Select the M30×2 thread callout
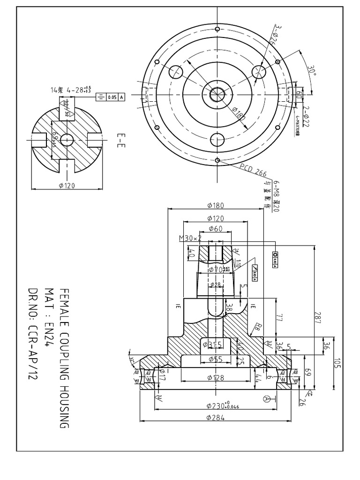coord(190,238)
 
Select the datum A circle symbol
coord(267,398)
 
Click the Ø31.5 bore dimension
coord(212,345)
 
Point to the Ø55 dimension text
coord(215,360)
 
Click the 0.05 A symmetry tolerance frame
coord(111,97)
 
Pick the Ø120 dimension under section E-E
coord(67,186)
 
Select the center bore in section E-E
coord(67,139)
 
